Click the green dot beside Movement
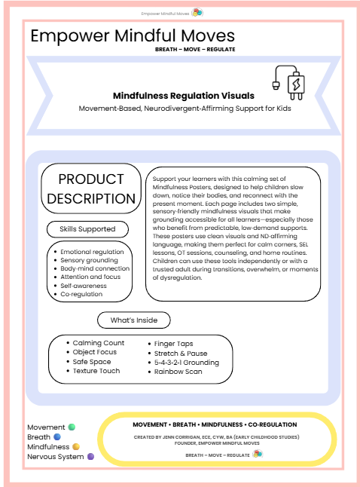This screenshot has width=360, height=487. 72,427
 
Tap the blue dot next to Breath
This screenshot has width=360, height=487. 56,436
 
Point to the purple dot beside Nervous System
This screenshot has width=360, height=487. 90,456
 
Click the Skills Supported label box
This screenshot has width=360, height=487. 92,228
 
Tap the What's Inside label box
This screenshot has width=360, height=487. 134,320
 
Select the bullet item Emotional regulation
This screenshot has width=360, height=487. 92,251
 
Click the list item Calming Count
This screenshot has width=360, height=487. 99,343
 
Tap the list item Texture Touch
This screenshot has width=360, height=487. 96,371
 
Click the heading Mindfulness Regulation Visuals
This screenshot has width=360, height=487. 183,96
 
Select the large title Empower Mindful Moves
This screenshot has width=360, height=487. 133,36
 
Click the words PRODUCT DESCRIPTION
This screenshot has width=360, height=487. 91,189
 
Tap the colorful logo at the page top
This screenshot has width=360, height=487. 197,13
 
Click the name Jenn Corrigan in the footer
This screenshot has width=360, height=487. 183,436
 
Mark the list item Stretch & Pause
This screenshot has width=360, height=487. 181,353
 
